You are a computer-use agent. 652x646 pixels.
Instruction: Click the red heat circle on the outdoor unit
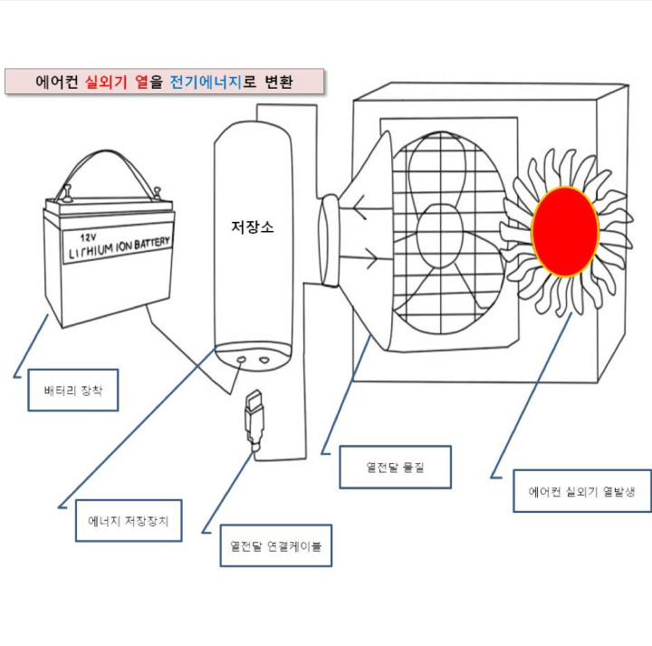[565, 231]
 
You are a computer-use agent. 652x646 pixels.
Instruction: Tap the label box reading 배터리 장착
[72, 391]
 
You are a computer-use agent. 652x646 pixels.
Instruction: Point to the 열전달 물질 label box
[395, 468]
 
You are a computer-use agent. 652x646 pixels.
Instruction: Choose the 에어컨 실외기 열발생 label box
[581, 491]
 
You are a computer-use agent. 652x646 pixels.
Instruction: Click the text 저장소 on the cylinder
[253, 227]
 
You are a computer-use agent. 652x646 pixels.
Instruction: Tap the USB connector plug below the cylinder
[254, 418]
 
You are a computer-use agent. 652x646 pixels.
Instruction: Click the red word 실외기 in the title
[107, 82]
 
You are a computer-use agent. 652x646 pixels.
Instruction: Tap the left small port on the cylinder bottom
[242, 360]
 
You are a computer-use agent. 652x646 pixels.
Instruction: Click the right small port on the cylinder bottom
[265, 360]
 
